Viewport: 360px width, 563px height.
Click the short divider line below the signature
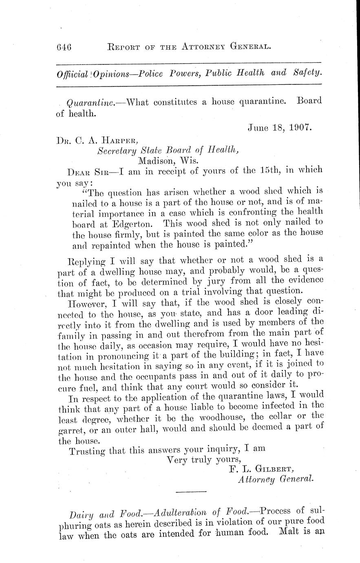coord(192,491)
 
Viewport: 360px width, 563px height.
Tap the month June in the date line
coord(259,127)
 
